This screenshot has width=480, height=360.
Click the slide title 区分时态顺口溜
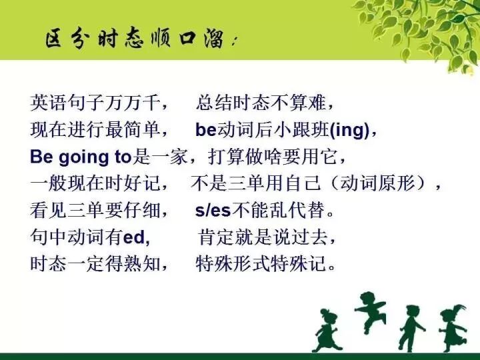click(137, 38)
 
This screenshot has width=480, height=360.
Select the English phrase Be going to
click(81, 157)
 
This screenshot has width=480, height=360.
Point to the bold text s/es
click(213, 211)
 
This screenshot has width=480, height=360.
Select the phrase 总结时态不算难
click(260, 103)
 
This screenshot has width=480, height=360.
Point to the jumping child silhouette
click(371, 311)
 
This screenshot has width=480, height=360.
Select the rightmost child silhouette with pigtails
click(453, 327)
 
